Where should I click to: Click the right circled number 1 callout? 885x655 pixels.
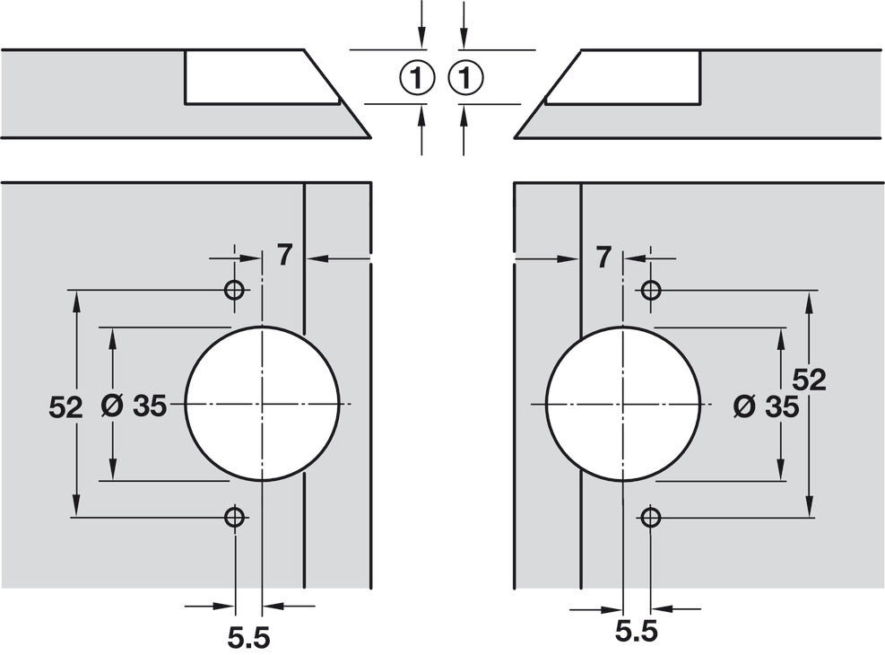coord(464,78)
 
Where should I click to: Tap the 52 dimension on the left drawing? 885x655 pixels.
coord(65,406)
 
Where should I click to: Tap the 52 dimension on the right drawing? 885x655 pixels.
coord(809,380)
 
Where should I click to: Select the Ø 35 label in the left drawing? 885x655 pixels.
coord(134,406)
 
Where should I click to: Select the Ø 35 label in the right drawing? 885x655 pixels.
coord(765,406)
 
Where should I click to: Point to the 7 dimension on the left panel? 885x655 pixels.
coord(284,257)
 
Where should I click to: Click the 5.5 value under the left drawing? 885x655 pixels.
coord(248,638)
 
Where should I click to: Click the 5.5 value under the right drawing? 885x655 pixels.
coord(637,631)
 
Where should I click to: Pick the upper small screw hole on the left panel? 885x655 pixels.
coord(234,291)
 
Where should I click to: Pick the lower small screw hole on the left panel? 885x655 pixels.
coord(234,517)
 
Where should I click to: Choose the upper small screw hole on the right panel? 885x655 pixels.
coord(651,291)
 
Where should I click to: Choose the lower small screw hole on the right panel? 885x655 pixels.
coord(651,517)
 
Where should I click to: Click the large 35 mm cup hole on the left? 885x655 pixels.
coord(262,405)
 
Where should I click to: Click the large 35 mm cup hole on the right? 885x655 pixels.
coord(622,405)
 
